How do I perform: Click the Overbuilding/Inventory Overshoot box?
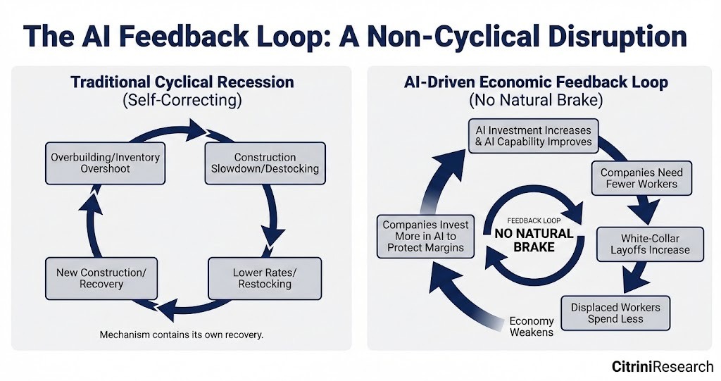pos(105,163)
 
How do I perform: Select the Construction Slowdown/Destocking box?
pos(265,163)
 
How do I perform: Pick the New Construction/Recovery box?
pos(101,278)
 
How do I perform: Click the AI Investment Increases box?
pos(534,136)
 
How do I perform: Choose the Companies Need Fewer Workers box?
pos(641,178)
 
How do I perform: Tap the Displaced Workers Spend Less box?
pos(615,313)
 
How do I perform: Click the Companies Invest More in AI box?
pos(425,236)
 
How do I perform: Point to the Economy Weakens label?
pos(532,326)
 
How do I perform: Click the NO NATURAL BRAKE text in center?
pos(534,240)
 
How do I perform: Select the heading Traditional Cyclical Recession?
pos(182,82)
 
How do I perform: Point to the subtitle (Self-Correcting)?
pos(182,100)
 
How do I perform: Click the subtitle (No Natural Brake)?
pos(537,100)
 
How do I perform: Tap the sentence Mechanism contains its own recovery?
pos(182,335)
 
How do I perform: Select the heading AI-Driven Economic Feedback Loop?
pos(537,82)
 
